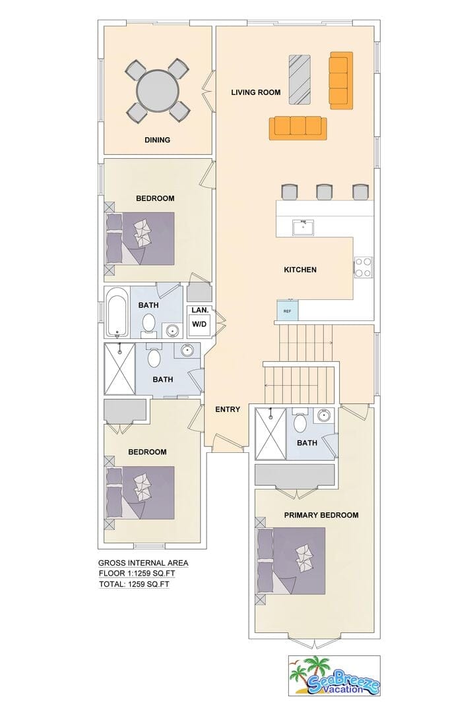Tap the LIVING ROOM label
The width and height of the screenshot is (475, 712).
coord(256,92)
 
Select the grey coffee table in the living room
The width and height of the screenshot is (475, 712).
coord(300,79)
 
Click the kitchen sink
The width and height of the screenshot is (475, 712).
coord(303,227)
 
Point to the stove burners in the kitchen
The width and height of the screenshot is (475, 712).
coord(364,267)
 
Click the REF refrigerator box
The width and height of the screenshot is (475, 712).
coord(287,311)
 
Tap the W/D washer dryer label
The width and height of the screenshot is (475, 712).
coord(199,324)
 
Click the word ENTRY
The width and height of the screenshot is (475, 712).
coord(228,409)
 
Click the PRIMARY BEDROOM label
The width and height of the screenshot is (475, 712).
coord(321,515)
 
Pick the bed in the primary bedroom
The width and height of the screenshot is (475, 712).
coord(292,561)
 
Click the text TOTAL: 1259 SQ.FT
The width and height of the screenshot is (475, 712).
coord(134,584)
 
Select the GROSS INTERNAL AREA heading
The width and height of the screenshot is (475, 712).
coord(143,563)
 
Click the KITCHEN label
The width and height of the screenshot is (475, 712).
coord(300,270)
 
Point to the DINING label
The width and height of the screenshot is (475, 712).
coord(157,140)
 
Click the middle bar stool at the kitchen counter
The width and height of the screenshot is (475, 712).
coord(324,192)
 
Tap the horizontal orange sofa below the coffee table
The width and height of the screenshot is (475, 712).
coord(298,127)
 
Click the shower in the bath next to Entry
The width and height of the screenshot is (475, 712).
coord(120,369)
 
